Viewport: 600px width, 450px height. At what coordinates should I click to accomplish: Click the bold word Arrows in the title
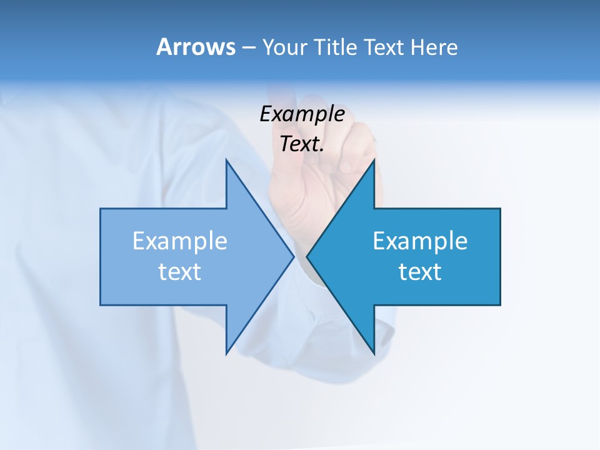[196, 47]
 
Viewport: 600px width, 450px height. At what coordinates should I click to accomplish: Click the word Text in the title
[384, 47]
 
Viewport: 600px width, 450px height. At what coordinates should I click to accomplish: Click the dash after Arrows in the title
[248, 48]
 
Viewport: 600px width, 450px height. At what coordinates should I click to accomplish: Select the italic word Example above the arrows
[302, 114]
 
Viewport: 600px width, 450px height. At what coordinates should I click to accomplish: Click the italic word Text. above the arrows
[302, 144]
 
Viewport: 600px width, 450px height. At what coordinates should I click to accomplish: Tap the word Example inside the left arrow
[180, 241]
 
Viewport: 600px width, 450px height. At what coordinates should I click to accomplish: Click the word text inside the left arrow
[180, 272]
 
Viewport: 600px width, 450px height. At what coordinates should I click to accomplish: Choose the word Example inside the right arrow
[420, 241]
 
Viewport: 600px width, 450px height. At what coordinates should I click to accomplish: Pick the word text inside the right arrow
[420, 272]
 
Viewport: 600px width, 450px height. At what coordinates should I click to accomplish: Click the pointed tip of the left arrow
[293, 256]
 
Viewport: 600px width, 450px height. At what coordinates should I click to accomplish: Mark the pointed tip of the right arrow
[307, 256]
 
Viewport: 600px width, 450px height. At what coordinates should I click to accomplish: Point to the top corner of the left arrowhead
[226, 161]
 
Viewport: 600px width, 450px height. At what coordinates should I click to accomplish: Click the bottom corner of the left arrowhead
[226, 353]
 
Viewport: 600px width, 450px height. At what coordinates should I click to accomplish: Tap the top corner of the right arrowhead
[374, 161]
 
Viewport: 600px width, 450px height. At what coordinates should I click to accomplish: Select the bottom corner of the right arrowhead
[374, 353]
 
